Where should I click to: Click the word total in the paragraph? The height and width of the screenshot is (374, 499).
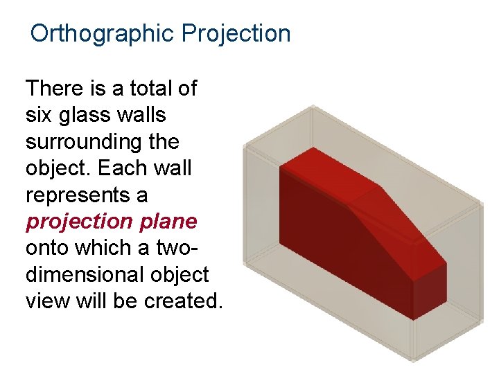point(151,89)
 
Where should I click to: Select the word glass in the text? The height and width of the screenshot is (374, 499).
point(93,115)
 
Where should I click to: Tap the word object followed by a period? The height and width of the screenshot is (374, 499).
point(60,168)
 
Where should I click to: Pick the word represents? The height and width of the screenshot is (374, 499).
point(86,195)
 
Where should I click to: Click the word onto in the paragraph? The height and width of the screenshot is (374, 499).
point(49,248)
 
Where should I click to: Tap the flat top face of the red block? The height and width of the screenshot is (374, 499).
point(326,173)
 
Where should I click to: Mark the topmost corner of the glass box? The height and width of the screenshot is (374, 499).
point(313,106)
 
